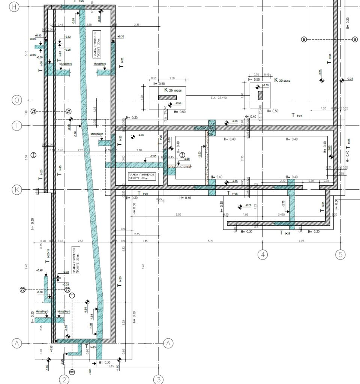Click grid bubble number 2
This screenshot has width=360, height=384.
tap(63, 379)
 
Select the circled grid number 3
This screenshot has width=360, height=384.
tap(159, 379)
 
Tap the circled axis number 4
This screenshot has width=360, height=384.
tap(263, 255)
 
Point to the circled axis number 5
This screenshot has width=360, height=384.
tap(340, 255)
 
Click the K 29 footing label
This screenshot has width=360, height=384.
tap(170, 90)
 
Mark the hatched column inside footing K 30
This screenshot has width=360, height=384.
tap(260, 95)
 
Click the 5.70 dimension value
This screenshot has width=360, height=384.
tap(210, 241)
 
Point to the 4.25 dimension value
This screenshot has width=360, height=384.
tap(302, 241)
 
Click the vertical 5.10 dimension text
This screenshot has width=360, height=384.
tap(26, 54)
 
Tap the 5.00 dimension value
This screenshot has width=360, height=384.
tap(178, 214)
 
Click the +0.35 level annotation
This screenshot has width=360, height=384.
tap(121, 37)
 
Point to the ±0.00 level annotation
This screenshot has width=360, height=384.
tap(33, 55)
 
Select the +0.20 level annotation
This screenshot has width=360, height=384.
tap(33, 39)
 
